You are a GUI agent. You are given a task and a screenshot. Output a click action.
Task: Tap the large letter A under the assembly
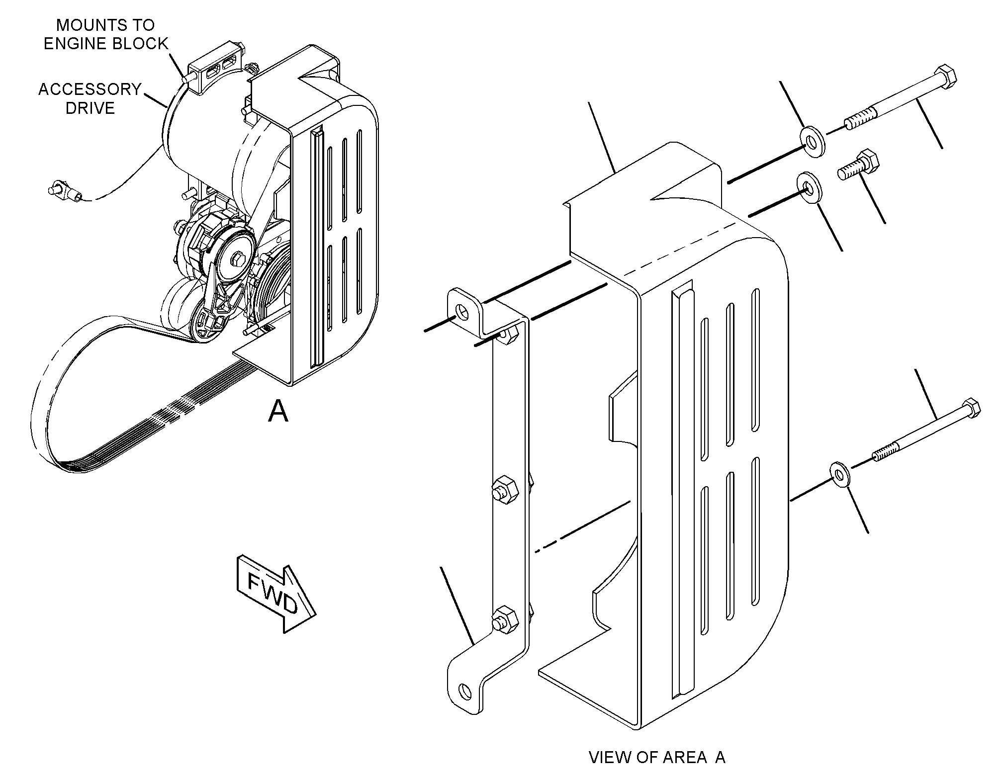[x=277, y=412]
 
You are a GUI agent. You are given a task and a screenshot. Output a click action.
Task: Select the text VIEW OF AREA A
[x=657, y=757]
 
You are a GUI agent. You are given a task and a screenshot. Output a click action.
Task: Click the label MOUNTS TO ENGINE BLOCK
[x=106, y=34]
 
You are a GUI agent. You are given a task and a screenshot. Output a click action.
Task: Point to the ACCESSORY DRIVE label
[x=90, y=98]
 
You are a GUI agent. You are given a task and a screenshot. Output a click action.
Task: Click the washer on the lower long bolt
[x=839, y=474]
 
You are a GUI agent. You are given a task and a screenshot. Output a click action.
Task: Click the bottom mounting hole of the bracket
[x=465, y=691]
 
